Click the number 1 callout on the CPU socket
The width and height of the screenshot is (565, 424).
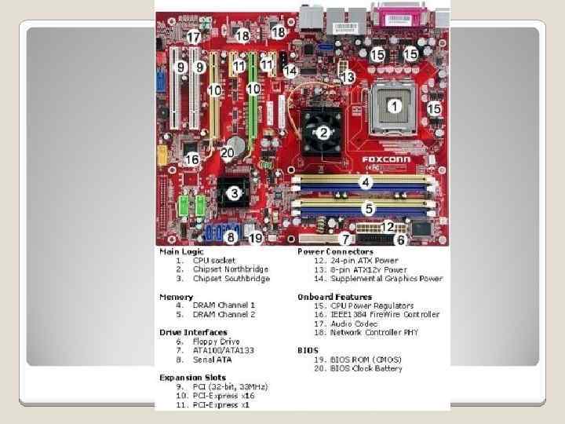pyautogui.click(x=394, y=104)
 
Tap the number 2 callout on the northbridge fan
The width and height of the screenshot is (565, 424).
pyautogui.click(x=322, y=132)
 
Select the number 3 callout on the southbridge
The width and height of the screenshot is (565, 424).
pyautogui.click(x=233, y=192)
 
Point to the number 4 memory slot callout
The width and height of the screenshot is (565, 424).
pyautogui.click(x=365, y=182)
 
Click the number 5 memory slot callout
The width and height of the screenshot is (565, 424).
pyautogui.click(x=368, y=208)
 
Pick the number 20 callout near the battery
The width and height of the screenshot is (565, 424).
pyautogui.click(x=228, y=152)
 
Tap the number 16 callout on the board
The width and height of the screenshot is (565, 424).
pyautogui.click(x=191, y=159)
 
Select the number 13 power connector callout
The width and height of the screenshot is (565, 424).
pyautogui.click(x=348, y=78)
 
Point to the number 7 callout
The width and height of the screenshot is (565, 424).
pyautogui.click(x=343, y=238)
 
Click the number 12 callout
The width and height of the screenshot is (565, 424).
pyautogui.click(x=389, y=226)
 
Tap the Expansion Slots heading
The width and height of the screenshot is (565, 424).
pyautogui.click(x=190, y=378)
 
